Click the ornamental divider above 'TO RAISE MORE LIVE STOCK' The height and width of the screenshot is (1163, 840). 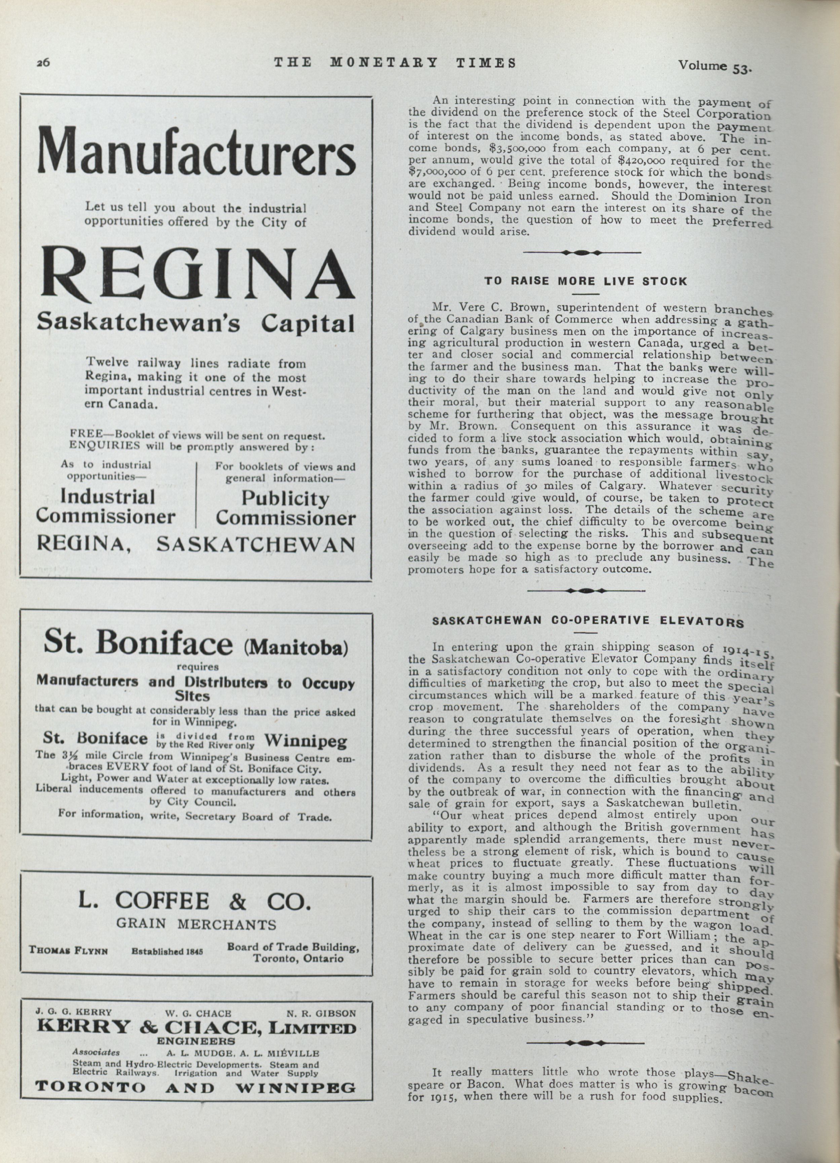click(581, 252)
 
